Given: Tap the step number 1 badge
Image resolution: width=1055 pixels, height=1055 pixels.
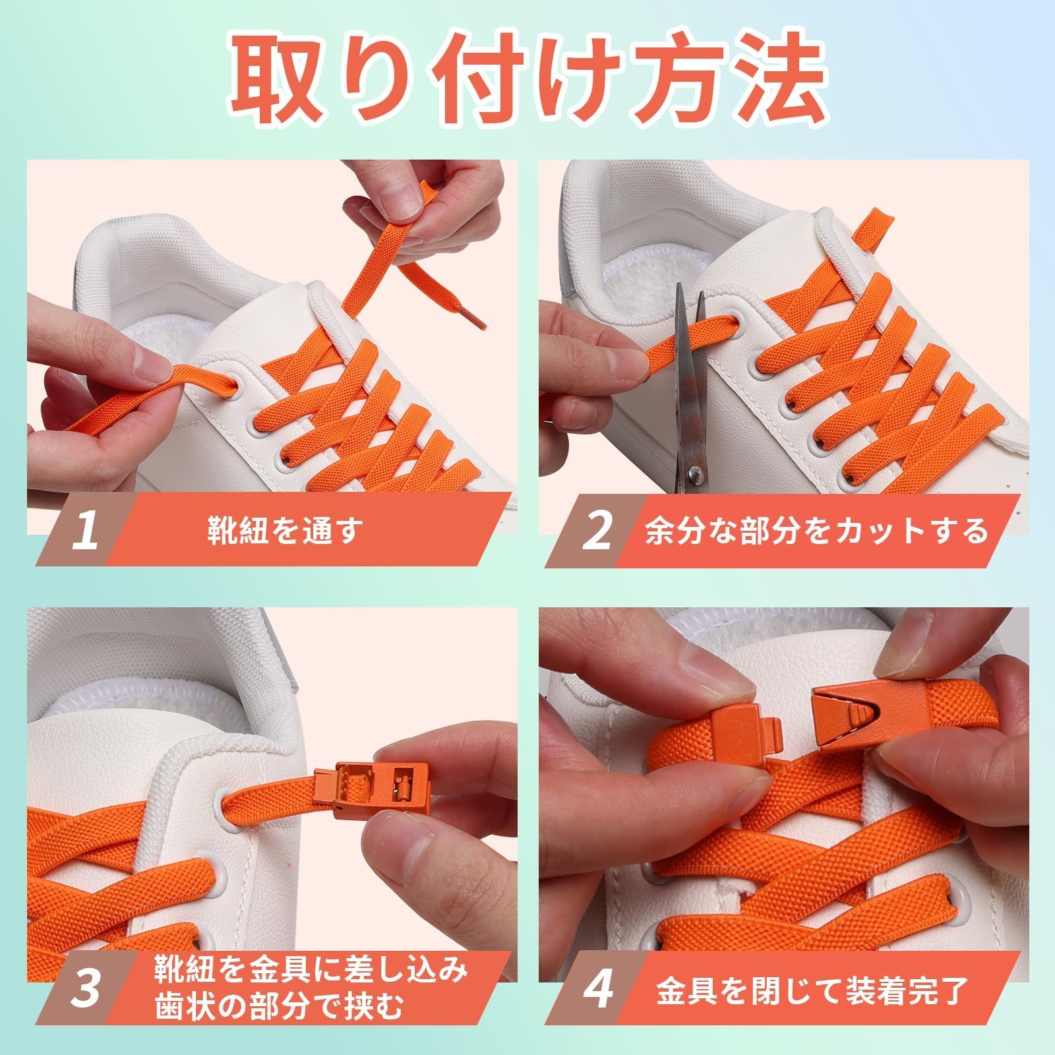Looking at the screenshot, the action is pyautogui.click(x=86, y=531).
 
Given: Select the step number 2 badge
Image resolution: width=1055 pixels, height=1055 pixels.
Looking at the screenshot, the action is pyautogui.click(x=597, y=531).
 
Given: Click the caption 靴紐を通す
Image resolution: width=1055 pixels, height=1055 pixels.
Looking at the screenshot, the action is pyautogui.click(x=284, y=531).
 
